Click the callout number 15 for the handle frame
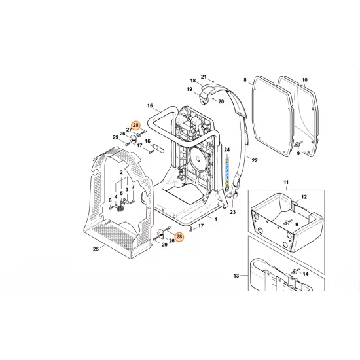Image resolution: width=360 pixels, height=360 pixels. point(149,106)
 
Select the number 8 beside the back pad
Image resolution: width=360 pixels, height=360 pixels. point(245,81)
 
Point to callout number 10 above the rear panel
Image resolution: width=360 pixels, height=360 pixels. point(304,81)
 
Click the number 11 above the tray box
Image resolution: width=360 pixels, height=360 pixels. point(285,180)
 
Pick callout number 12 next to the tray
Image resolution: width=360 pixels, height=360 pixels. point(304,197)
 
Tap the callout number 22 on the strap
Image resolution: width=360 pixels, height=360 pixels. point(255,160)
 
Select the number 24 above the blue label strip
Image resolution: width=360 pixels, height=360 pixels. point(228,151)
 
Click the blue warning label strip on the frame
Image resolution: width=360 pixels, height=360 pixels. point(228,171)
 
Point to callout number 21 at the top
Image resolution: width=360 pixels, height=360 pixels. point(204,77)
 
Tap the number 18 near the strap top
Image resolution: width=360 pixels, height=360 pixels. point(193,81)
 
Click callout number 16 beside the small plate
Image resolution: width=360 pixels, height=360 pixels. point(148,141)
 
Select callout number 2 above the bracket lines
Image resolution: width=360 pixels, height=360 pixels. point(121,172)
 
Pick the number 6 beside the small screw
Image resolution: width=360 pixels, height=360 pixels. point(110,200)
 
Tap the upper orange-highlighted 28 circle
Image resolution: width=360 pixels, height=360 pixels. point(135,125)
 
